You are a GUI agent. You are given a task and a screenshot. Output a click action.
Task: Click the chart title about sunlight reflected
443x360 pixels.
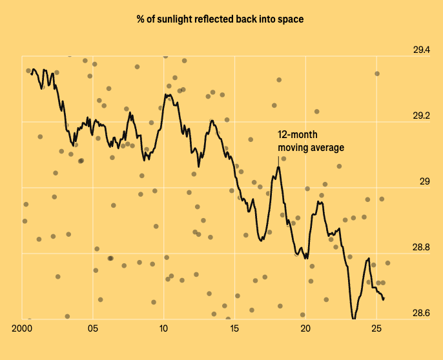(220, 19)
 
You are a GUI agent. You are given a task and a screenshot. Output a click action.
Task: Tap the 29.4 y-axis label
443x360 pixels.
(422, 50)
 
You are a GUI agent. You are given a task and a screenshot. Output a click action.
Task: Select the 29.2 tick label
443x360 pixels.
(422, 115)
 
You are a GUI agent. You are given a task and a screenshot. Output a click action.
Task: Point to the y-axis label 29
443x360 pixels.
(425, 181)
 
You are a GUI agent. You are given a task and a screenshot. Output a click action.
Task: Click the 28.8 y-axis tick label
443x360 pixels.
(421, 247)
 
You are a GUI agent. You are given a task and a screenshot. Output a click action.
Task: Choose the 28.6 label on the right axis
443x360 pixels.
(421, 313)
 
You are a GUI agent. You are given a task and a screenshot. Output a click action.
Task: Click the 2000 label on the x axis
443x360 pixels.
(22, 328)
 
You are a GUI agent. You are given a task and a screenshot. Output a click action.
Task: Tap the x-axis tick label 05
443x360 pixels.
(93, 328)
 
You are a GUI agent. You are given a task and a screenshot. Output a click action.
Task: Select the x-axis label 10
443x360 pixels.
(163, 328)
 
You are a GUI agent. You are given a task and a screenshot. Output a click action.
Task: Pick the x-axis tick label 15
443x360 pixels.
(234, 328)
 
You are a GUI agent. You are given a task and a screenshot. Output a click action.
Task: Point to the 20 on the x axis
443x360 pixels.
(305, 328)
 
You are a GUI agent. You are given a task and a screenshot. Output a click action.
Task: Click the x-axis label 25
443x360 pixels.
(376, 328)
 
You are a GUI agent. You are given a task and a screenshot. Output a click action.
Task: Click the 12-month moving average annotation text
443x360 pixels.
(311, 141)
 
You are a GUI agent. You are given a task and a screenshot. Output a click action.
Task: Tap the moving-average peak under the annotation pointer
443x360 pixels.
(278, 168)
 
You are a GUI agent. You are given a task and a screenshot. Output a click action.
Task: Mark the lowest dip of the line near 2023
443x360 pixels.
(353, 319)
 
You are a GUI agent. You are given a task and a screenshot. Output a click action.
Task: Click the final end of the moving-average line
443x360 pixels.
(384, 299)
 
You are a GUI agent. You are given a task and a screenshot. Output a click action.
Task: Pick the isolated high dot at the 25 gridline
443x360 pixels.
(377, 74)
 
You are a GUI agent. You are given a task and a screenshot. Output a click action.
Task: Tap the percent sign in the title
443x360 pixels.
(140, 19)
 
